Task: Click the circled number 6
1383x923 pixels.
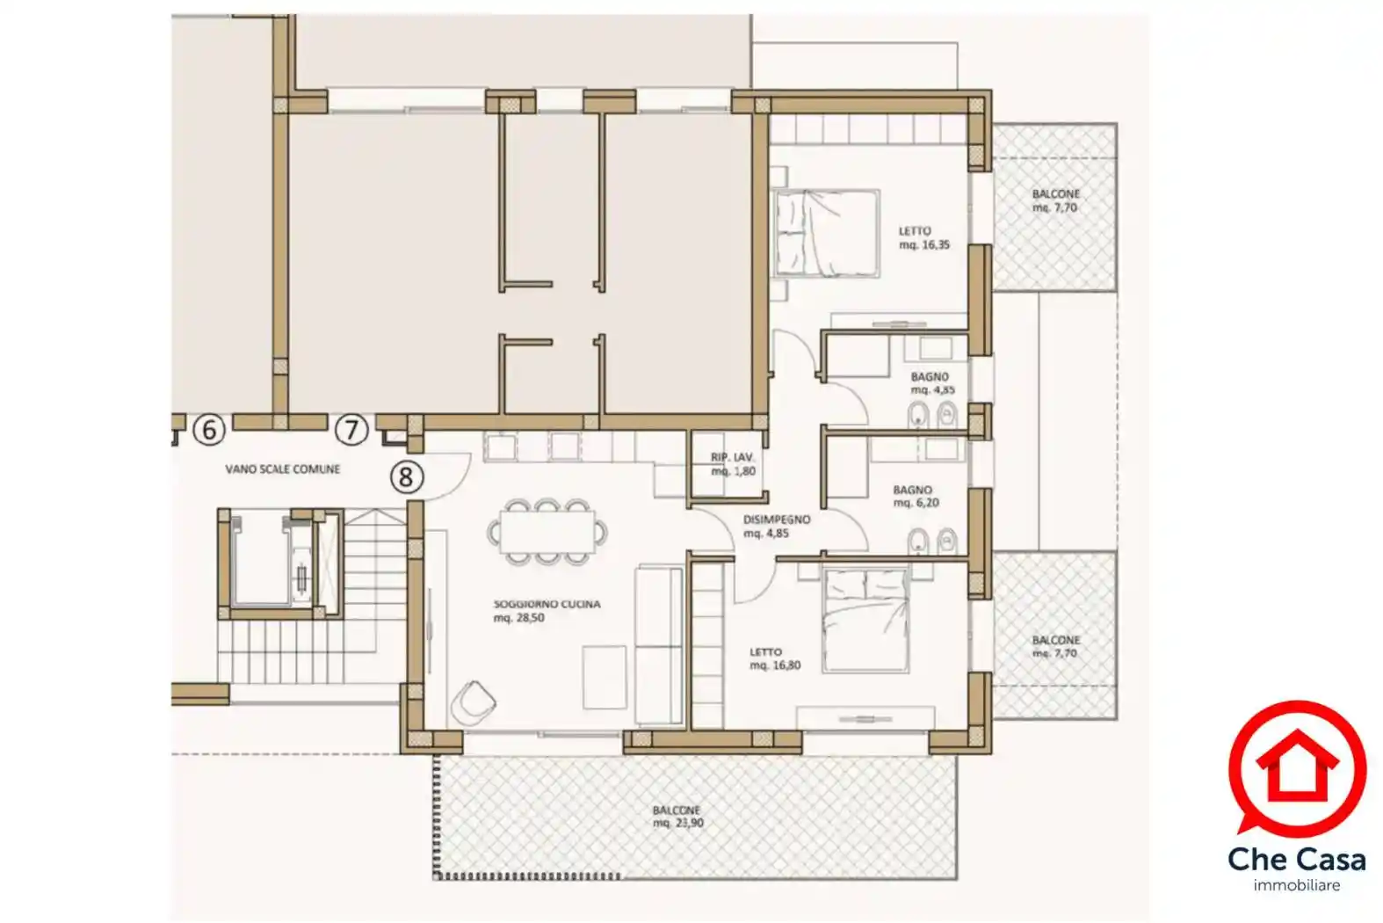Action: [x=209, y=429]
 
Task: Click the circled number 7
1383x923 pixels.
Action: [x=351, y=429]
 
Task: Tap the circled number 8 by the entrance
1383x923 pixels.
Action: [x=406, y=477]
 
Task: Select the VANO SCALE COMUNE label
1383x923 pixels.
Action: [x=282, y=469]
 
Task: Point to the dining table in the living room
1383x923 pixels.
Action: [x=547, y=531]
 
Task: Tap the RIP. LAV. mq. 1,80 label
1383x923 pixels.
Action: [x=732, y=464]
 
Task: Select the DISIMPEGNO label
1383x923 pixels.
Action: [x=777, y=520]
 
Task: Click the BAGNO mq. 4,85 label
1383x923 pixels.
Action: [x=932, y=383]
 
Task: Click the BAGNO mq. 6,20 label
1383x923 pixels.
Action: [x=916, y=496]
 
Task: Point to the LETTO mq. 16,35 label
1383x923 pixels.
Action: [x=923, y=238]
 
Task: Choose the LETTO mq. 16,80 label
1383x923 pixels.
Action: [x=775, y=658]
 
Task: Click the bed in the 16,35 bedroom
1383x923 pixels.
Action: [x=828, y=232]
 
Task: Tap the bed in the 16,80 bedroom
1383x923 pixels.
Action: [x=865, y=621]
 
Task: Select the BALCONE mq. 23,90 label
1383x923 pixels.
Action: [x=678, y=816]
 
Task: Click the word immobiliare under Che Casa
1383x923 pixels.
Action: [x=1297, y=885]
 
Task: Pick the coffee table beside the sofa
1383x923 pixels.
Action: [x=605, y=677]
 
